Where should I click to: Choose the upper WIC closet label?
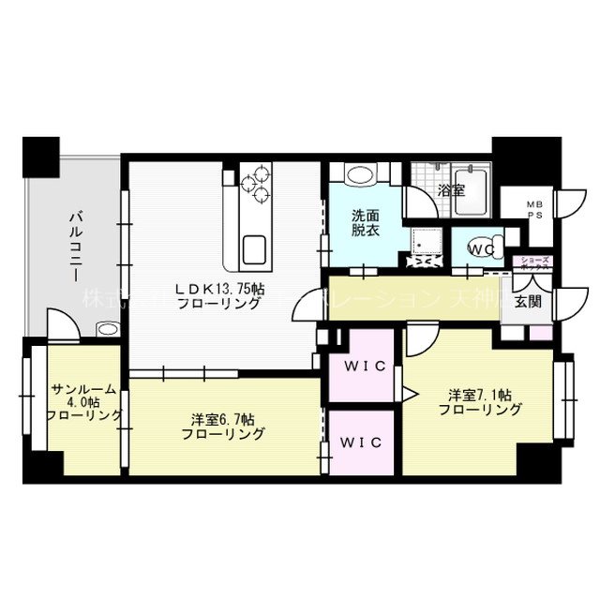tap(363, 367)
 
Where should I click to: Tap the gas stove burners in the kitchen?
tap(254, 182)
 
